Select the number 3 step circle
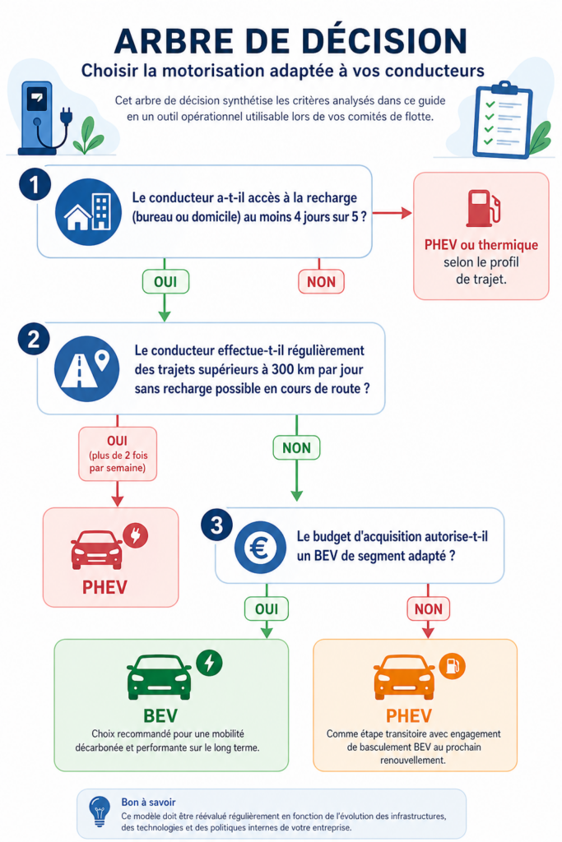tap(216, 526)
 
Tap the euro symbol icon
tap(261, 548)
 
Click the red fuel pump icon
tap(480, 208)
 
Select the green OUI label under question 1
tap(165, 281)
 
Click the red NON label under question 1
tap(321, 281)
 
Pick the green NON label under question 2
tap(296, 447)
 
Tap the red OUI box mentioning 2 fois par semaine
tap(117, 453)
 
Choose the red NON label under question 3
tap(428, 609)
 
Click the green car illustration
tap(159, 677)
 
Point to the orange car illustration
tap(404, 678)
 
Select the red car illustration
tap(97, 548)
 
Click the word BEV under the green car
tap(160, 714)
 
